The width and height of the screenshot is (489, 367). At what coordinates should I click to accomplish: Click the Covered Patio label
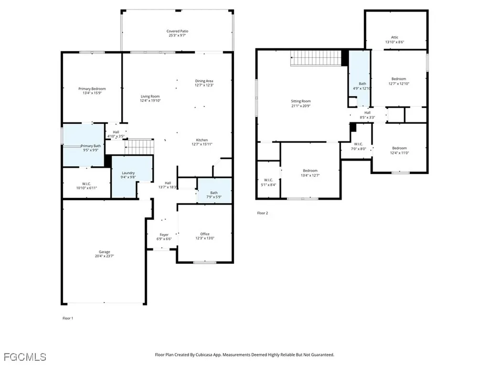click(x=177, y=32)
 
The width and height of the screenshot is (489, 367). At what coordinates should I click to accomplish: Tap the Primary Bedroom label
click(x=92, y=89)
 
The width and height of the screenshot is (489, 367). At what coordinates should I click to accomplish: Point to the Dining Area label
click(x=204, y=81)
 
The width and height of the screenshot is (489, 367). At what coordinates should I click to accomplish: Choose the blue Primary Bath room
click(x=84, y=146)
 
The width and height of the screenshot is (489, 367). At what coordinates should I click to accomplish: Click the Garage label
click(x=104, y=252)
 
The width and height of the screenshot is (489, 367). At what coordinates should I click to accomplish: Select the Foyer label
click(x=164, y=235)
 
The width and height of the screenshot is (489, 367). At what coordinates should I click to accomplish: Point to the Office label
click(x=205, y=234)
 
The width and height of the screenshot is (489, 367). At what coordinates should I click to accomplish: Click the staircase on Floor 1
click(x=140, y=147)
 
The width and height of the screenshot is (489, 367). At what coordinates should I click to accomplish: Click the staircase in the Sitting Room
click(x=316, y=58)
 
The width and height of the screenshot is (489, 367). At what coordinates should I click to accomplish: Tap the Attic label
click(x=394, y=37)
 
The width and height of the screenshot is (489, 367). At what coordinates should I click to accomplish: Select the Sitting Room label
click(x=301, y=101)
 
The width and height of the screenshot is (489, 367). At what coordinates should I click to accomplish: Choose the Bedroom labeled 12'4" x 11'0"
click(x=399, y=148)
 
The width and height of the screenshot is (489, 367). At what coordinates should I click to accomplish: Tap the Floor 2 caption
click(x=263, y=213)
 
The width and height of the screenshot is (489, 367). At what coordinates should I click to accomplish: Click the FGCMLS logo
click(x=25, y=357)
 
